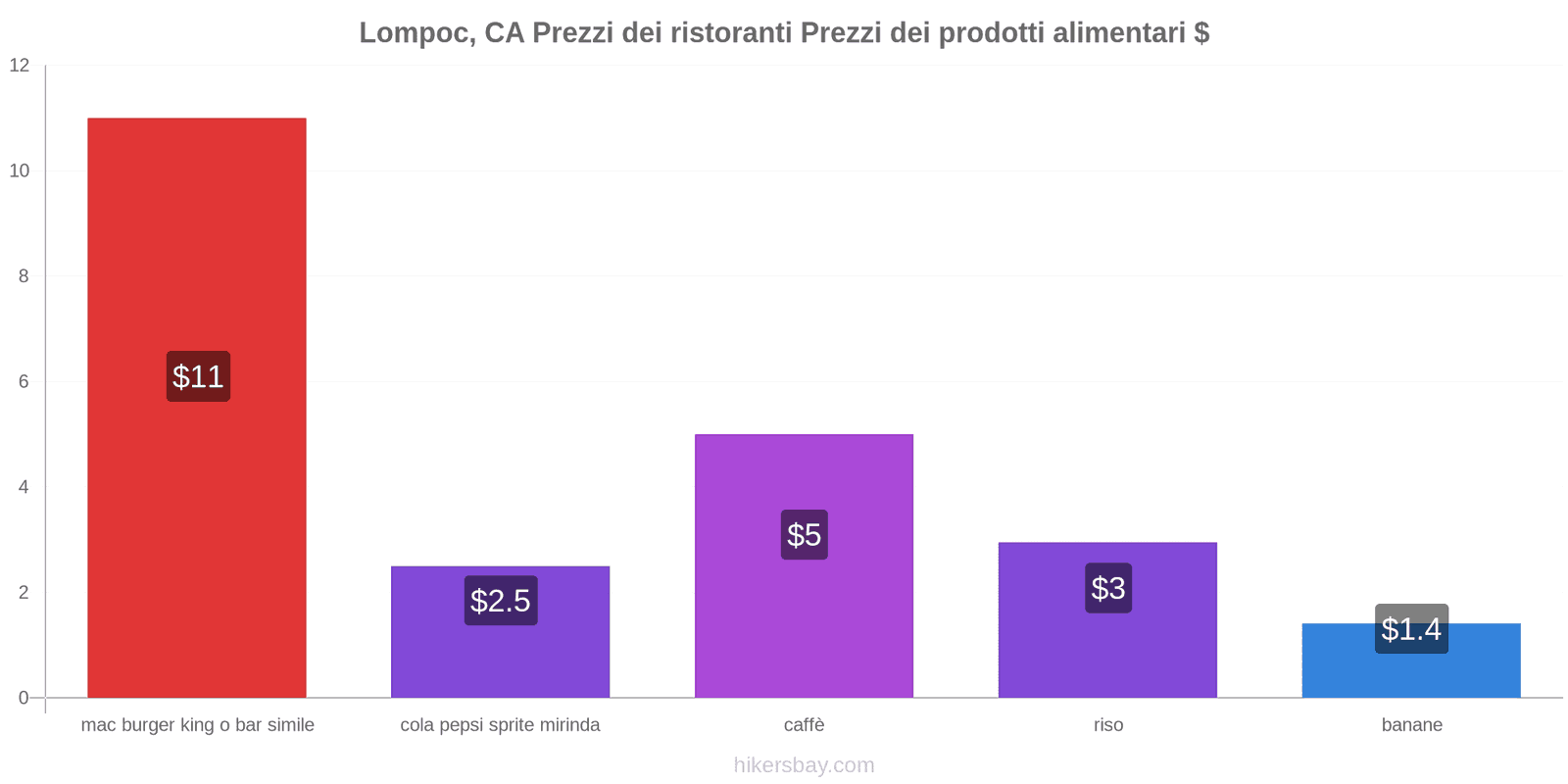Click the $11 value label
(x=198, y=376)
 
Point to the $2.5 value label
(x=501, y=601)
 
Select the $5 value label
(x=804, y=535)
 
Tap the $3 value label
(x=1108, y=588)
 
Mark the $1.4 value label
(x=1411, y=629)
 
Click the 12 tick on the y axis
(x=20, y=66)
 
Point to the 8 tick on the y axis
(x=24, y=276)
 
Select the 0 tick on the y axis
(x=24, y=698)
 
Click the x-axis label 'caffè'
(x=804, y=725)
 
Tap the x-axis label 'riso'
(x=1108, y=725)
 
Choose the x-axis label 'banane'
(x=1411, y=725)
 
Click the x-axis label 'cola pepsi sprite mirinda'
(x=500, y=725)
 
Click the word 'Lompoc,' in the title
(x=416, y=33)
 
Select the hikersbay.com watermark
(x=804, y=765)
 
